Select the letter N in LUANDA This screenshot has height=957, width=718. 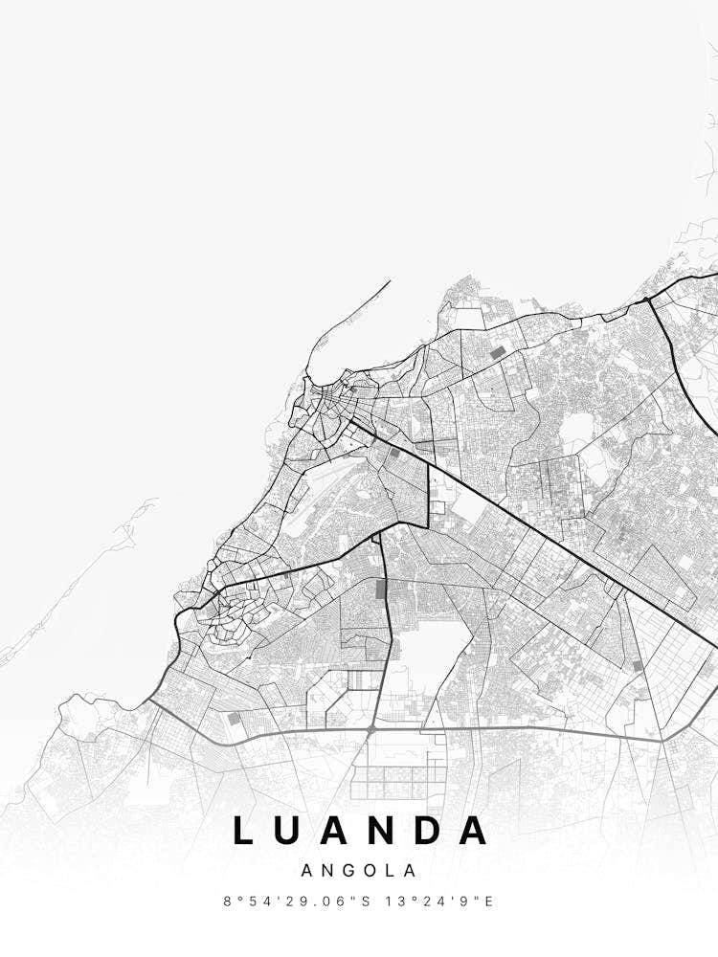point(387,831)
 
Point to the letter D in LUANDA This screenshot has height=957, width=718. point(430,831)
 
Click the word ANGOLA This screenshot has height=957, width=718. point(359,871)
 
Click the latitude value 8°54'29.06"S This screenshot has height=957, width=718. point(291,901)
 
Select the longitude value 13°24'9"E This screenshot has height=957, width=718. point(438,901)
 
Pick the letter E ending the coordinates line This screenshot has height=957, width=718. point(489,901)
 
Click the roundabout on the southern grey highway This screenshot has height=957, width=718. point(371,730)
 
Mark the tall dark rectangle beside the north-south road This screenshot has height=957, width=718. point(383,590)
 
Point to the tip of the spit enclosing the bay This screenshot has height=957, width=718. point(390,280)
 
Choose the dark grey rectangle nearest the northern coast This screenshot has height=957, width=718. point(497,352)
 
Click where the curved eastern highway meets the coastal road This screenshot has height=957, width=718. point(648,300)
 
